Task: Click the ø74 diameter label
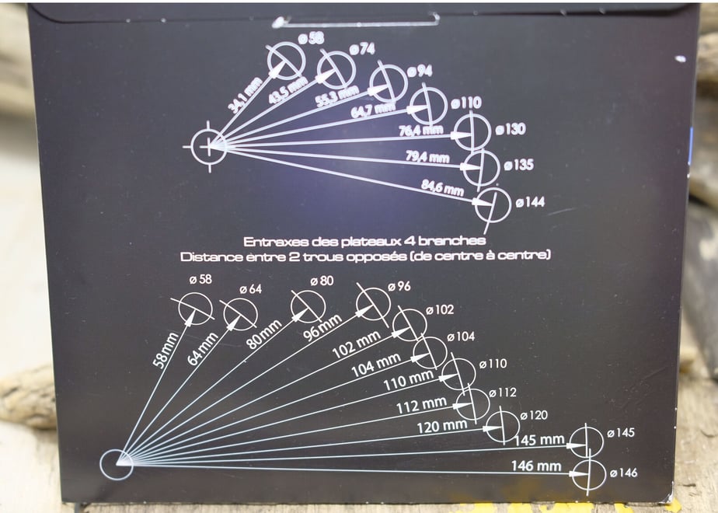pyautogui.click(x=362, y=48)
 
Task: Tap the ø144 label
pyautogui.click(x=530, y=201)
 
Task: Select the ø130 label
pyautogui.click(x=510, y=130)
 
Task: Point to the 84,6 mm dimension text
pyautogui.click(x=442, y=187)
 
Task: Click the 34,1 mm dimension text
pyautogui.click(x=245, y=96)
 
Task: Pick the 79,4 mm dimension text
pyautogui.click(x=427, y=157)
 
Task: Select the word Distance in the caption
pyautogui.click(x=210, y=256)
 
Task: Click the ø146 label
pyautogui.click(x=624, y=473)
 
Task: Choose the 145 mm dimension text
pyautogui.click(x=539, y=440)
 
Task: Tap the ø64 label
pyautogui.click(x=250, y=289)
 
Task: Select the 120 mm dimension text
pyautogui.click(x=442, y=427)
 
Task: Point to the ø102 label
pyautogui.click(x=440, y=309)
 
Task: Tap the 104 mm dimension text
pyautogui.click(x=376, y=365)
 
